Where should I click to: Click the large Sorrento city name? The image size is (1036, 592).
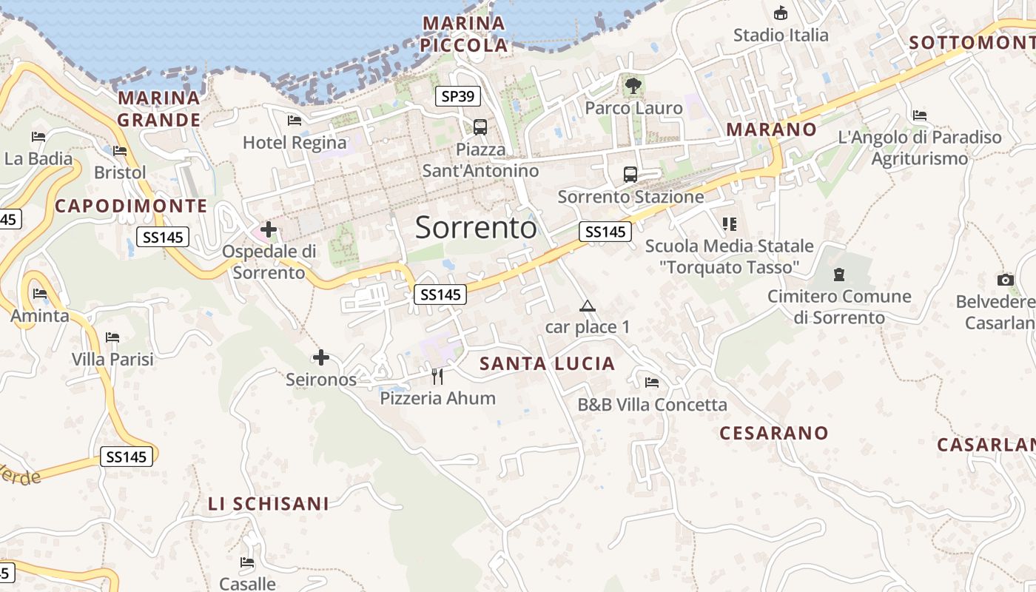[476, 227]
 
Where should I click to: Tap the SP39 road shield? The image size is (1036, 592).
[457, 95]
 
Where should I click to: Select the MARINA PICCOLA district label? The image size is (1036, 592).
[464, 34]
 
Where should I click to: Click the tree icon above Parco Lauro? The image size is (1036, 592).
[633, 86]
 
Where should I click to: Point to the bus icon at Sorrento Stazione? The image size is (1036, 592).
[630, 175]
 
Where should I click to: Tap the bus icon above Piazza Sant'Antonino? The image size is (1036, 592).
[480, 127]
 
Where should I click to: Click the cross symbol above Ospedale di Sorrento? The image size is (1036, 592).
[268, 230]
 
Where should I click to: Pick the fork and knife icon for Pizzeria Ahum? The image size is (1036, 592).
[437, 377]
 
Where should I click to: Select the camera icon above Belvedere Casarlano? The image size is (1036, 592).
[1005, 280]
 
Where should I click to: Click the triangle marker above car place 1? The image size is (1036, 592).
[587, 306]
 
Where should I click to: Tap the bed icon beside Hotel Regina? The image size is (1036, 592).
[295, 121]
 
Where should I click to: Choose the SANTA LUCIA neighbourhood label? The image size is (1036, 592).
[547, 363]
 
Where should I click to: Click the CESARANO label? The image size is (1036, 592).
[774, 433]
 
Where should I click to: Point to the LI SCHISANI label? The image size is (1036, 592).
[268, 504]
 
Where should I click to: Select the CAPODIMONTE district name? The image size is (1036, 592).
[131, 206]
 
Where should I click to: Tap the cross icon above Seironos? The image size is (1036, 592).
[320, 358]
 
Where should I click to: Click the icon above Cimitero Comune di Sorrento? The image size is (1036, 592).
[838, 275]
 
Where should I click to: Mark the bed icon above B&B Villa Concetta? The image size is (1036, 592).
[652, 383]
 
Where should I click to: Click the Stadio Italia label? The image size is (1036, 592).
[781, 35]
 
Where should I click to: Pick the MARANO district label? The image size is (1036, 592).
[771, 129]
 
